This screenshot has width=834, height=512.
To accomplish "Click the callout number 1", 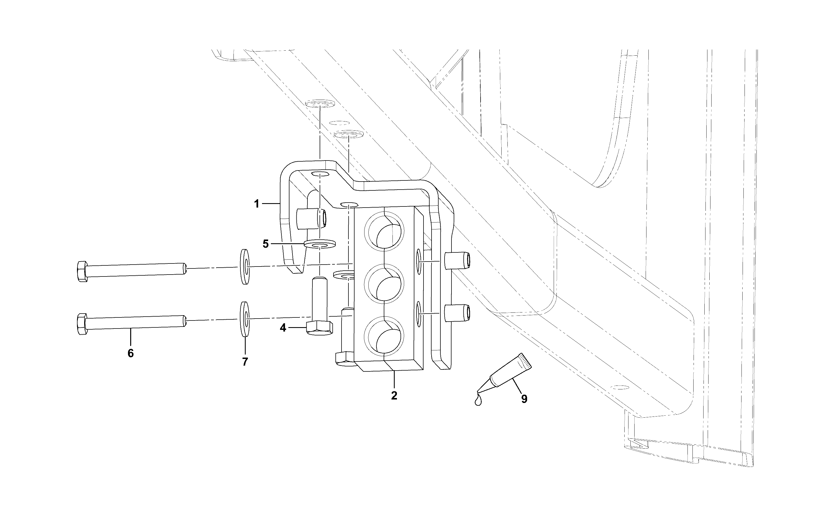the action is (257, 204).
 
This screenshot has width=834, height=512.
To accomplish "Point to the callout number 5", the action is (266, 244).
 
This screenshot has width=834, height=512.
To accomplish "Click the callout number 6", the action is (130, 353).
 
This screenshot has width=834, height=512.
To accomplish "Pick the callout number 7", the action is (245, 362).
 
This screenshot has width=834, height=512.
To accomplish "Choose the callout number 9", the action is (524, 399).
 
